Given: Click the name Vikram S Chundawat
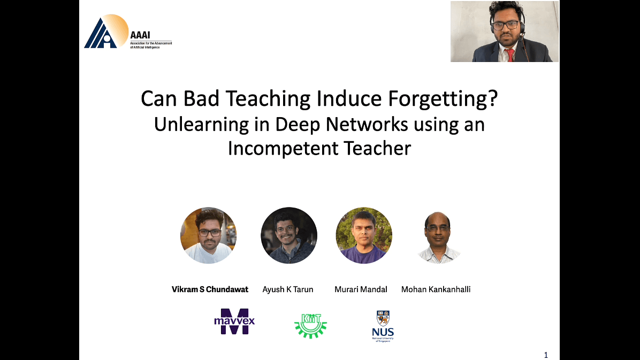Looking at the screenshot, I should pos(210,289).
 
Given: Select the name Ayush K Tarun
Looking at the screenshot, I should pos(288,289).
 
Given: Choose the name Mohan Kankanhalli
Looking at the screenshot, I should pos(436,289).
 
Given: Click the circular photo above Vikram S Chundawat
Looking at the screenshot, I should pos(209,235).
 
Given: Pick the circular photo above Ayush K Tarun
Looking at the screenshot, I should pos(289,235).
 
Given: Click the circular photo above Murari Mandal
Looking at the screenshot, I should pos(364,235).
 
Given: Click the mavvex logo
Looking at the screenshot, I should pos(234,321).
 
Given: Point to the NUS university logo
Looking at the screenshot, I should pos(383,326).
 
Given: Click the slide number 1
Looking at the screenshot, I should pos(546,355).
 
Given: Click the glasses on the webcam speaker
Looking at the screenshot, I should pos(505,25).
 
